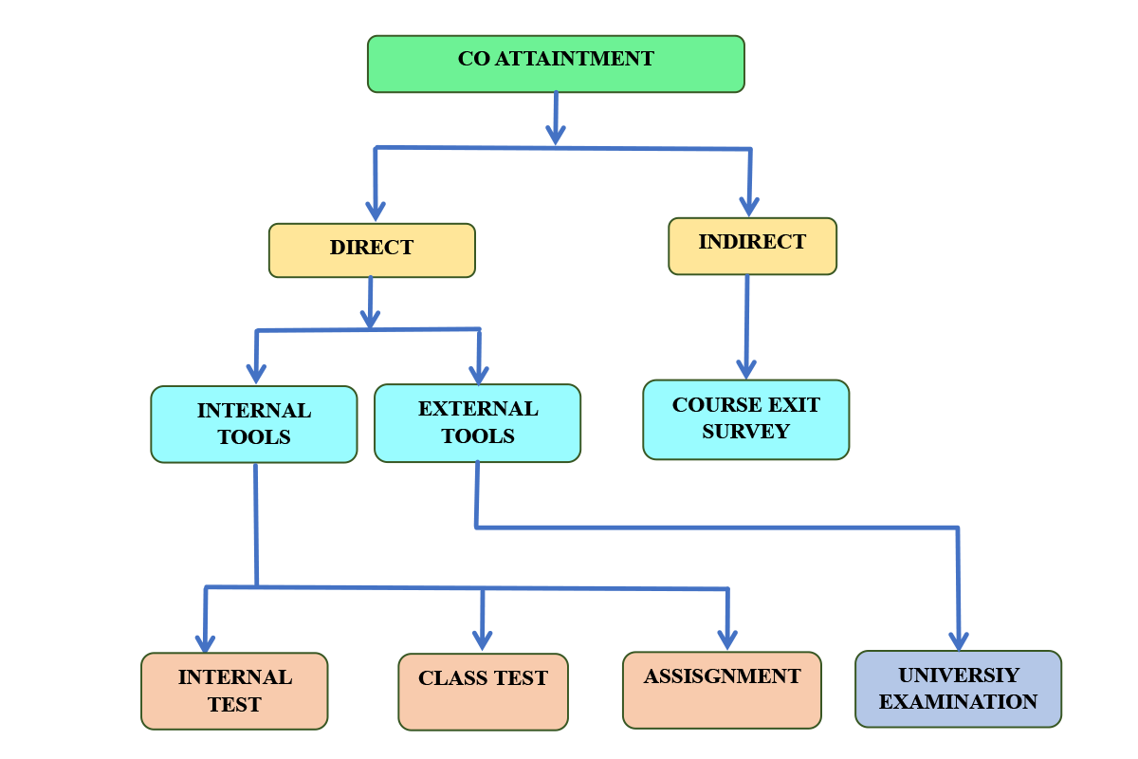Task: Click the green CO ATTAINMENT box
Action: (556, 65)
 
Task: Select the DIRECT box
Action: (372, 250)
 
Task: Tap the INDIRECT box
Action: (752, 246)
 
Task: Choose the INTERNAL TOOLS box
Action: (254, 424)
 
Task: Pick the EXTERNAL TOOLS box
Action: (478, 423)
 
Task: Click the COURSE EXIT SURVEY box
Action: (745, 419)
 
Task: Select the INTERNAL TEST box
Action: (234, 691)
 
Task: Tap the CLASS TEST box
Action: (483, 692)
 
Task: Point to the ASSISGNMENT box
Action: (722, 690)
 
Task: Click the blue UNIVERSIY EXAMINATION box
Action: (958, 689)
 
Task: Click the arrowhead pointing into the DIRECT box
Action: (376, 211)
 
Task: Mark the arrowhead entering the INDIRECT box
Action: (749, 207)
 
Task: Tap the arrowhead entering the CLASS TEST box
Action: (482, 640)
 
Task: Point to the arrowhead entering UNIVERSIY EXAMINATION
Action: (959, 641)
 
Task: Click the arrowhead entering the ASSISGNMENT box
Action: (727, 639)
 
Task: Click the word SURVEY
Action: (745, 432)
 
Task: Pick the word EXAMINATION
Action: (958, 702)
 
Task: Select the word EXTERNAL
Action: (478, 409)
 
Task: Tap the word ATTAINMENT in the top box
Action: (575, 59)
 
